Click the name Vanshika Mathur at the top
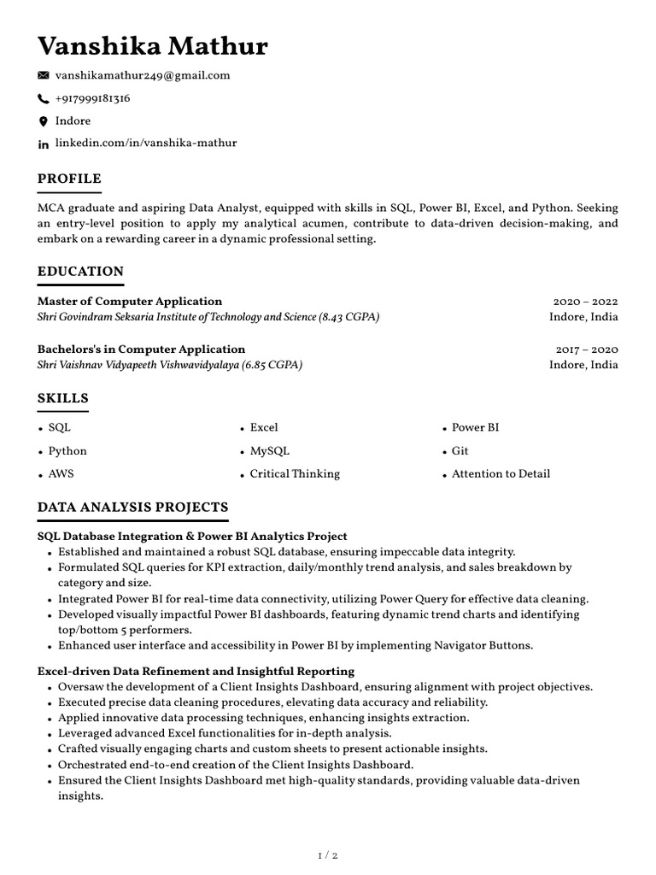pos(152,45)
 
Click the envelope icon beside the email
pos(44,76)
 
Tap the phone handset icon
pos(44,99)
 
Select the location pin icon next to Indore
pos(44,121)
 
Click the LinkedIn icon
pos(44,144)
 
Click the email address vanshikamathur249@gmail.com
pos(143,75)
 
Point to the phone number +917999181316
pos(92,98)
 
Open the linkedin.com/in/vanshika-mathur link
pos(146,143)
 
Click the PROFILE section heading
pos(69,179)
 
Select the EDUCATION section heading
pos(80,272)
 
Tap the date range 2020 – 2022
pos(585,302)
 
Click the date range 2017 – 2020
pos(586,349)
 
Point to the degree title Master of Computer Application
pos(130,302)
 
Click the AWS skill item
pos(61,473)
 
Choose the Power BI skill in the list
pos(475,427)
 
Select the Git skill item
pos(460,450)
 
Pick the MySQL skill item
pos(269,450)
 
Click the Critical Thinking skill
pos(294,473)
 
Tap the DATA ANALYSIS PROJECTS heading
pos(132,508)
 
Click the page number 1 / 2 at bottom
pos(328,854)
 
